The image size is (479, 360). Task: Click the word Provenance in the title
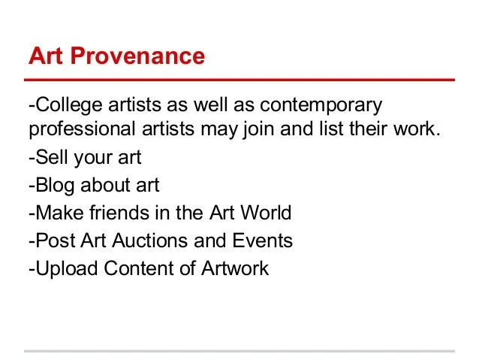137,56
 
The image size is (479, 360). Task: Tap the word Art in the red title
46,56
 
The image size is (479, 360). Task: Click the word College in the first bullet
69,105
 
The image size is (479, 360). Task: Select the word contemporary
321,105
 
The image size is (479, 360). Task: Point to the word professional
82,129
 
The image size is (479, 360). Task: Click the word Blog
55,186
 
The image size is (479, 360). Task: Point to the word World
266,213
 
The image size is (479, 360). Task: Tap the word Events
263,241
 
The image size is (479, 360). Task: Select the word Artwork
235,268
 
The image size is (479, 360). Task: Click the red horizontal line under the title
239,80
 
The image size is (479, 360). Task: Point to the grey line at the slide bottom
239,351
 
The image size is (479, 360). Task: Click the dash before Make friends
32,213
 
